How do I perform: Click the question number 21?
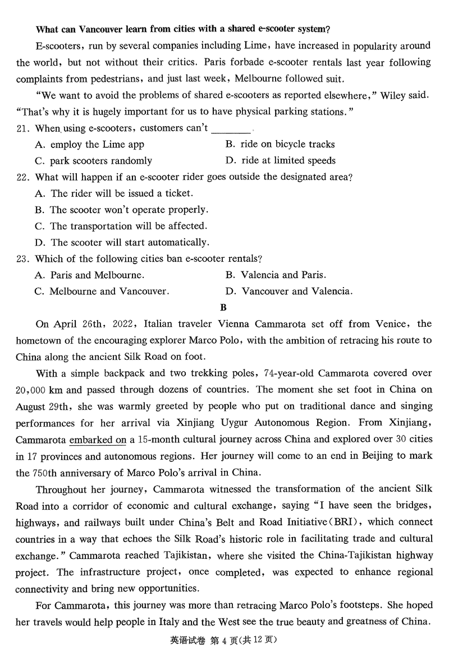[x=22, y=128]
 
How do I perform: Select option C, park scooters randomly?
[x=93, y=161]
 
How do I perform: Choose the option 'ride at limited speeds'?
[x=280, y=161]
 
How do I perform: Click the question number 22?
[x=22, y=177]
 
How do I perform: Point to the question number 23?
[x=22, y=259]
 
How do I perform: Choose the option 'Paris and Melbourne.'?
[x=90, y=275]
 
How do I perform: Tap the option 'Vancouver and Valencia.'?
[x=290, y=292]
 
